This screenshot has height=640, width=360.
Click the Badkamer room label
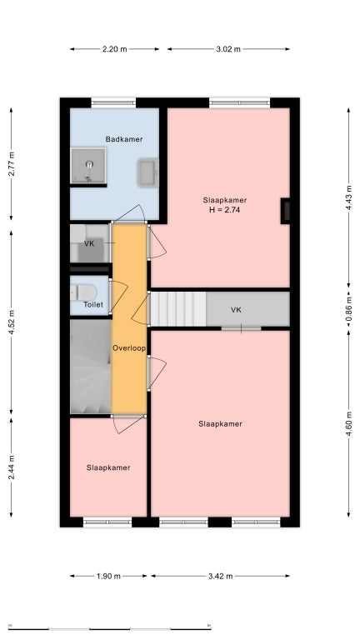click(124, 139)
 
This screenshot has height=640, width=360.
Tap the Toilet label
click(93, 304)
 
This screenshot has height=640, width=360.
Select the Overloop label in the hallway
click(129, 348)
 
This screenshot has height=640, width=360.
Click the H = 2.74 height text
click(224, 210)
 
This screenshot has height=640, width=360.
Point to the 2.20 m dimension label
click(114, 49)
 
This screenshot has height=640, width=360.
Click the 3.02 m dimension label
click(228, 49)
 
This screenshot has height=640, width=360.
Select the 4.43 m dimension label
click(348, 197)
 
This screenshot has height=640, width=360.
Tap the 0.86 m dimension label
click(348, 310)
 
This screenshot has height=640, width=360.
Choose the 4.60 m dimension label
click(348, 423)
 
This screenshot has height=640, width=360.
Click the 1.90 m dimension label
click(108, 577)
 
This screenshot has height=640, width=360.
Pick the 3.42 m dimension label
click(220, 577)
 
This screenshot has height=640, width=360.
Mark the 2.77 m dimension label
click(12, 164)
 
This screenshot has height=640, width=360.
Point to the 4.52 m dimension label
click(12, 322)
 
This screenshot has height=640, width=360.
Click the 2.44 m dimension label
click(12, 467)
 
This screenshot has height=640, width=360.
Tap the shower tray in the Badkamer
click(88, 165)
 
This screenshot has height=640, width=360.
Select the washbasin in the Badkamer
click(147, 172)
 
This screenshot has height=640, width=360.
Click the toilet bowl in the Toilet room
click(84, 292)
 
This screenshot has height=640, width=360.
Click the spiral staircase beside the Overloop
click(91, 366)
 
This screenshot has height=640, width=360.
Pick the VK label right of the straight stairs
click(236, 310)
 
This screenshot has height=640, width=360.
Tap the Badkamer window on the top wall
click(113, 102)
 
